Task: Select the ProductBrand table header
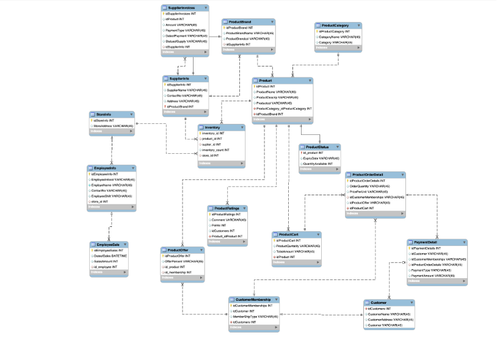coord(237,22)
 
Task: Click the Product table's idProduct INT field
coord(265,87)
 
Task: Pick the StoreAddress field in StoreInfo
coord(113,126)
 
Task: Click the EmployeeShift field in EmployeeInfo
coord(109,196)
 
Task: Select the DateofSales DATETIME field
coord(111,256)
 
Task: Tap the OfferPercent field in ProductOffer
coord(183,262)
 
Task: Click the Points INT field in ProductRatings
coord(220,226)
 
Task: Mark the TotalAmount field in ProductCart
coord(296,251)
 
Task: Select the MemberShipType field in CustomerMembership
coord(256,317)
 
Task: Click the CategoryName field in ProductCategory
coord(339,37)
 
